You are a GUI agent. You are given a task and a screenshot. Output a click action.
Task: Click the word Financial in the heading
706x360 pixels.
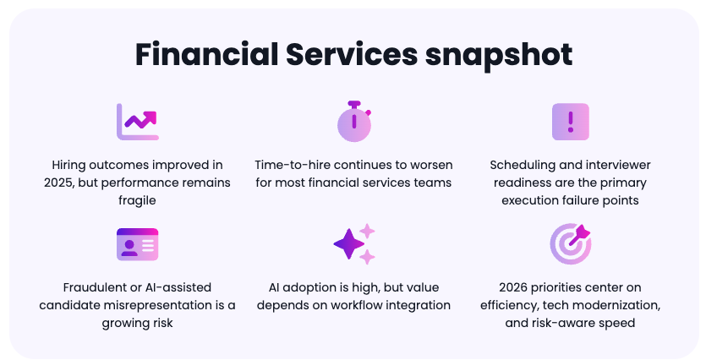pos(206,54)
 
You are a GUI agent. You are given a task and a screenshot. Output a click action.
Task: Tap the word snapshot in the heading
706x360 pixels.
pos(499,55)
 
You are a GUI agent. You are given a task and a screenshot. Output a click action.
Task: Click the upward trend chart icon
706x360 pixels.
pos(138,122)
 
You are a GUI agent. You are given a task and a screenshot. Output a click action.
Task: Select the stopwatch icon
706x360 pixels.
pos(354,121)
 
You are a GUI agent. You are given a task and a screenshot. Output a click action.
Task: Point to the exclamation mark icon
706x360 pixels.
pos(571,122)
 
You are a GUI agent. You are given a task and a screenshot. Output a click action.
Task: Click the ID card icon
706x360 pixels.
pos(137,244)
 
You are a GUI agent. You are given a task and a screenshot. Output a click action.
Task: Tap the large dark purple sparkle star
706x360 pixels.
pos(349,244)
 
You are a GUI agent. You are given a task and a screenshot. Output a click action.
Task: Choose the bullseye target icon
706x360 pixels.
pos(571,244)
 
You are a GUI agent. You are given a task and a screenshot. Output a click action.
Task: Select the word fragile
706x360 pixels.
pos(137,200)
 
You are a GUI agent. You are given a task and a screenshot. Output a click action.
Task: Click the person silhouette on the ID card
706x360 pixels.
pos(129,248)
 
